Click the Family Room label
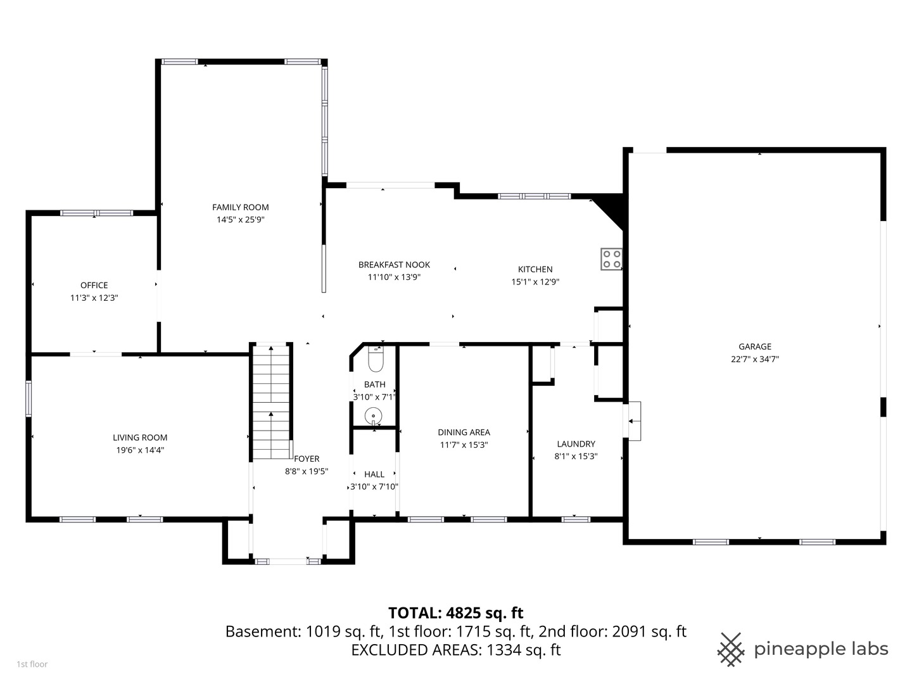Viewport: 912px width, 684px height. (x=240, y=207)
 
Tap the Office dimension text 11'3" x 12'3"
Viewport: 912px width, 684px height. (x=94, y=298)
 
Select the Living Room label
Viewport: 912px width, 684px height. (x=140, y=438)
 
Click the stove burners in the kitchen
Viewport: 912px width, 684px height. (x=611, y=259)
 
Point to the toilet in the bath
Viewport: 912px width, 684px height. (x=376, y=360)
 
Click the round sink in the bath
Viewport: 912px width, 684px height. (x=374, y=416)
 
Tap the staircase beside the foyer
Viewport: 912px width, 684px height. (x=271, y=402)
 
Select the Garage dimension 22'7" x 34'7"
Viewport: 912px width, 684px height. (x=754, y=359)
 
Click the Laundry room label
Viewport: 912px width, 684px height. (x=576, y=444)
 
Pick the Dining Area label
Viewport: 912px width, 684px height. (x=464, y=433)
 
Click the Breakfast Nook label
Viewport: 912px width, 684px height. (x=394, y=265)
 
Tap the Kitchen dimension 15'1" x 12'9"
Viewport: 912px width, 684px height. (x=535, y=282)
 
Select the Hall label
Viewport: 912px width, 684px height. (x=374, y=474)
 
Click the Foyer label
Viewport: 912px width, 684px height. (x=307, y=459)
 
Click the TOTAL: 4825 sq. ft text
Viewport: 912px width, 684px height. (x=455, y=613)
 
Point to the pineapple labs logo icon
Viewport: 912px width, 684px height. (x=730, y=649)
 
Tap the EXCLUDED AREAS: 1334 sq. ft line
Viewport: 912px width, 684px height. (x=455, y=650)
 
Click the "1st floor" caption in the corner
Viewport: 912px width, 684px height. (x=32, y=664)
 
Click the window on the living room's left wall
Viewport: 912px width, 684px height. (x=28, y=398)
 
